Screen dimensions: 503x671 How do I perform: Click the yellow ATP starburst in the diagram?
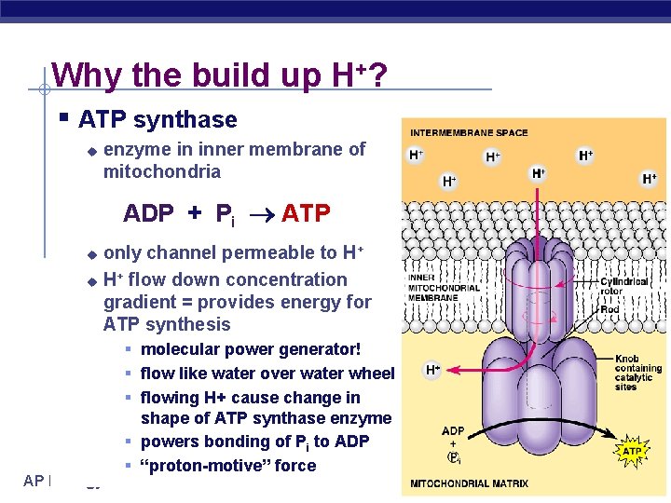(x=632, y=451)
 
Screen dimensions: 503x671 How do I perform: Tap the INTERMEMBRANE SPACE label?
(x=469, y=132)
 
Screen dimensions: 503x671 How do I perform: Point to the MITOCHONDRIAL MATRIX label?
(x=469, y=483)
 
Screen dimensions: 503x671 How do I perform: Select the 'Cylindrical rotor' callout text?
(x=624, y=287)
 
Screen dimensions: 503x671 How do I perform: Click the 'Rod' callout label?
(x=609, y=309)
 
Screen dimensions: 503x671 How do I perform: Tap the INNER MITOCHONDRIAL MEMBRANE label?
(x=444, y=287)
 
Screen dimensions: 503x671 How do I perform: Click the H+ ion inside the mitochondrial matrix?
(x=433, y=370)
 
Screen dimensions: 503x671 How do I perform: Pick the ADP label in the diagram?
(x=453, y=431)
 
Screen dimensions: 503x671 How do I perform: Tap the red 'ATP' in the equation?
(x=306, y=213)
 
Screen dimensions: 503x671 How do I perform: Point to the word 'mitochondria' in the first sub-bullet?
(x=162, y=171)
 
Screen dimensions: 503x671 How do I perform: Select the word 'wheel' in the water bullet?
(x=372, y=374)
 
